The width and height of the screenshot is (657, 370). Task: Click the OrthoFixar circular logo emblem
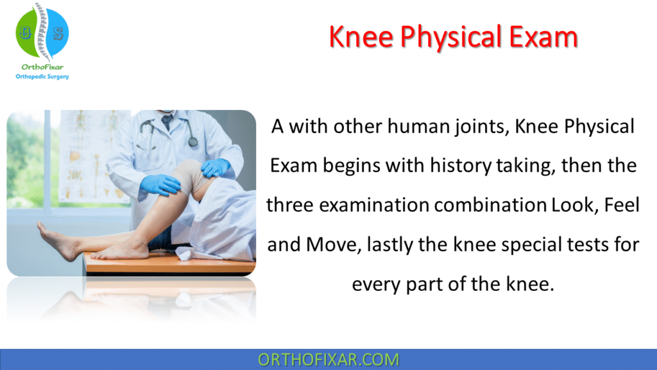tap(42, 33)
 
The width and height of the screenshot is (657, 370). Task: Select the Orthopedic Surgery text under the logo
tap(42, 76)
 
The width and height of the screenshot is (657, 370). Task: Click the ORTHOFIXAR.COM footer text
tap(328, 360)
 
